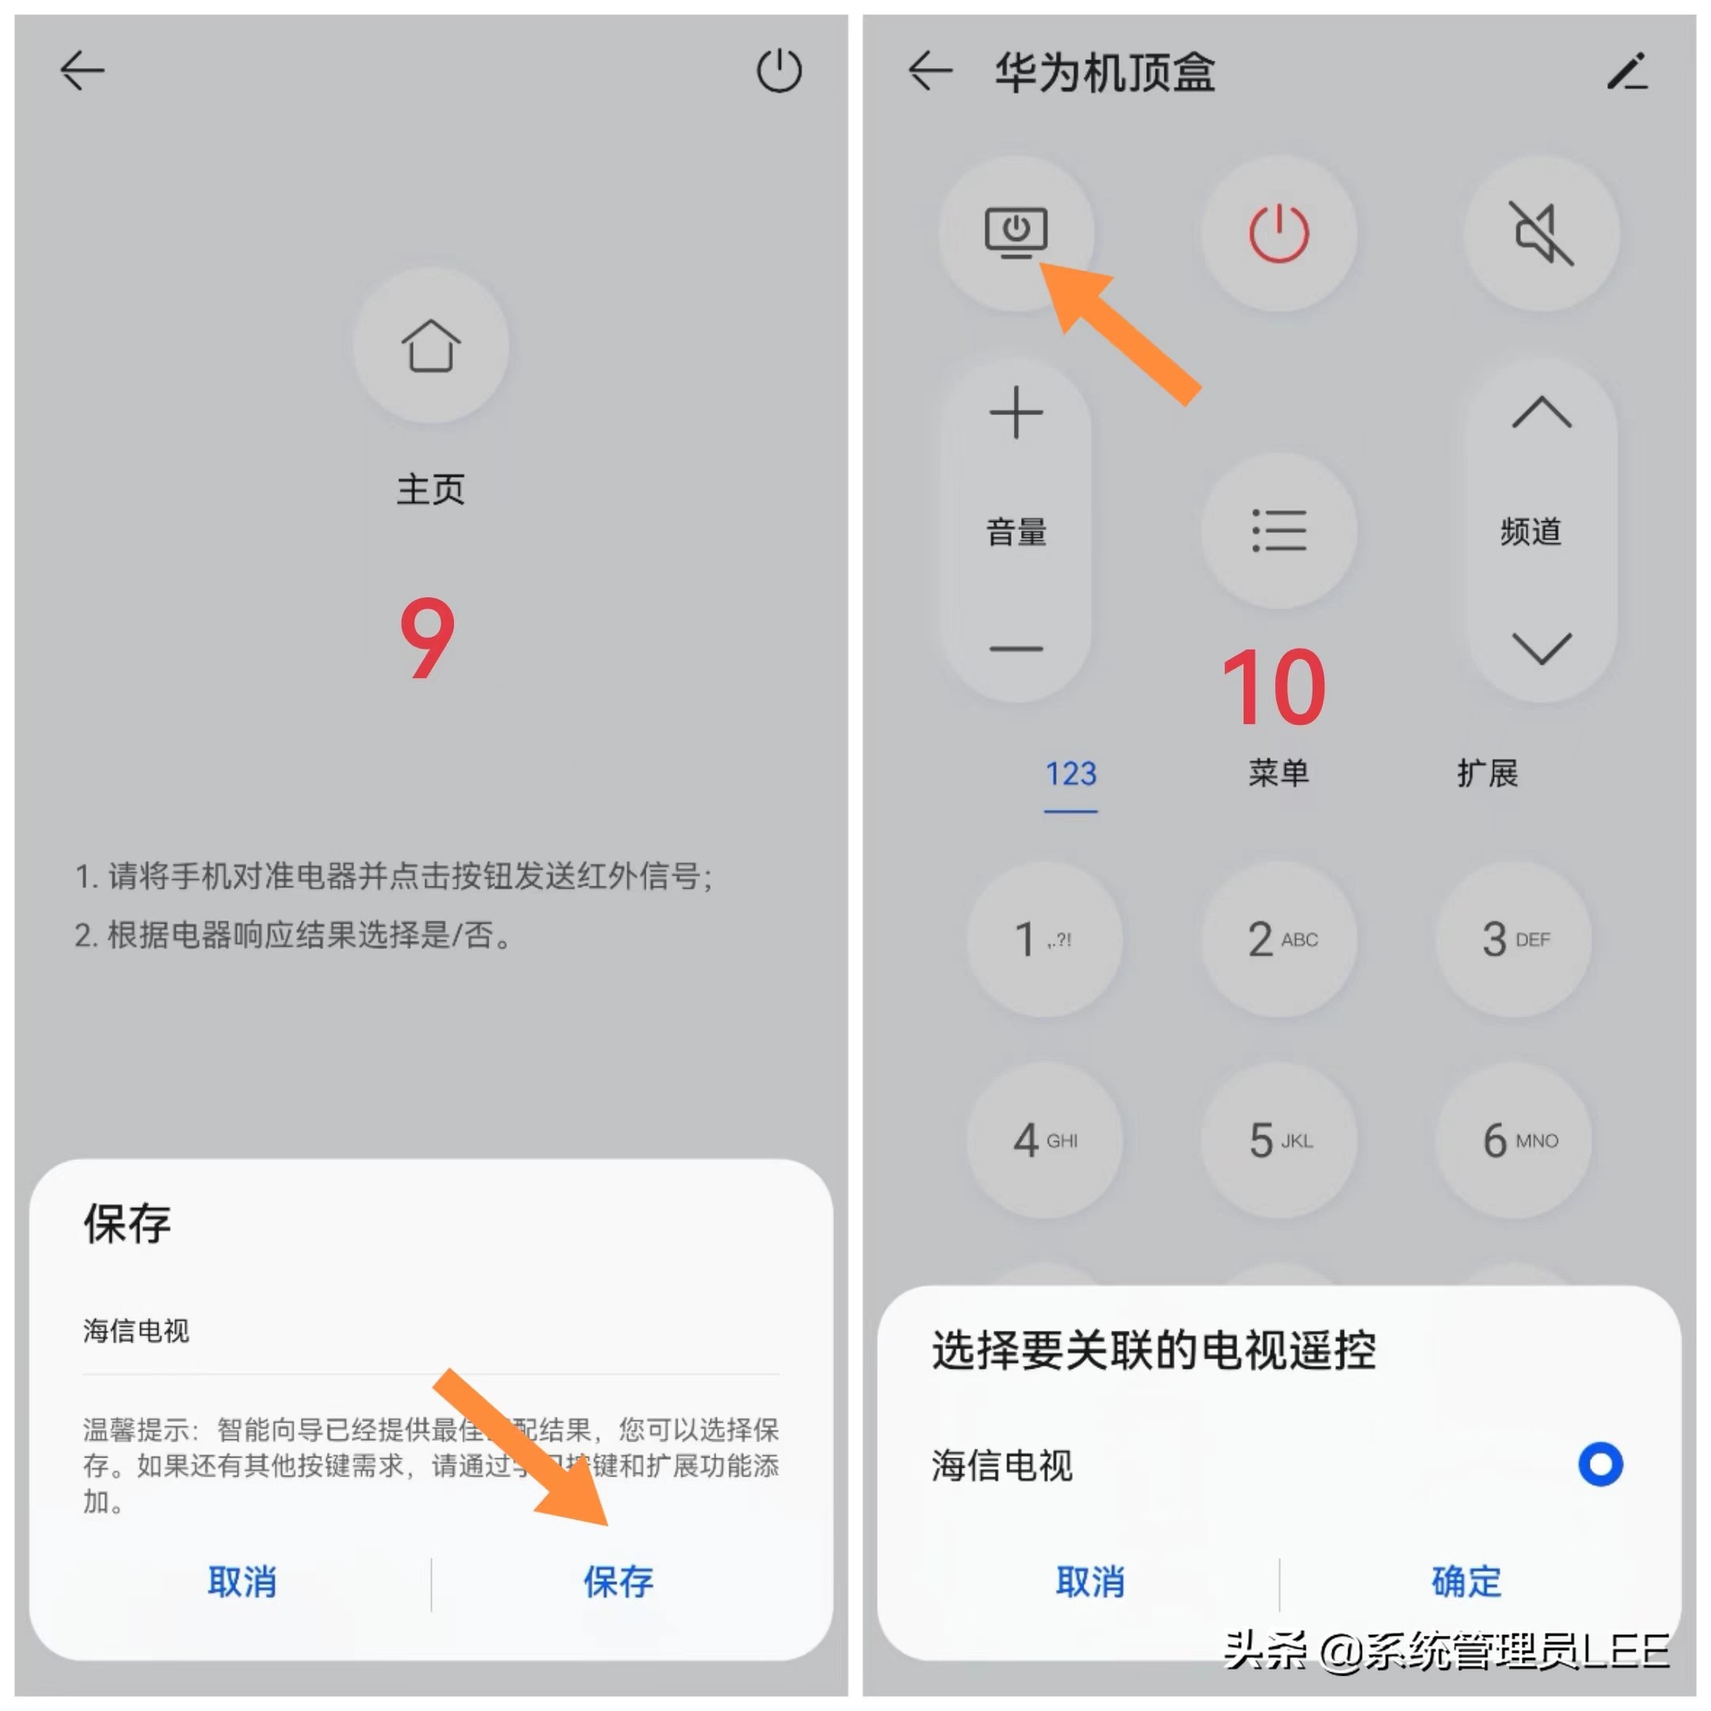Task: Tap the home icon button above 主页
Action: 430,345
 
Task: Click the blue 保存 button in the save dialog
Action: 617,1582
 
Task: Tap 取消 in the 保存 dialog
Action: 242,1582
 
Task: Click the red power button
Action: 1278,234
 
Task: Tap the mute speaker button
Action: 1541,234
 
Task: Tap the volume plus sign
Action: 1016,413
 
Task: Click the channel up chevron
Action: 1541,413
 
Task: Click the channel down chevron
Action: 1541,648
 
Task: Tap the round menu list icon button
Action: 1278,531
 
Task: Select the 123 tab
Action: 1071,774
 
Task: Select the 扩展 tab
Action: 1487,774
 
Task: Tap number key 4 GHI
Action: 1044,1140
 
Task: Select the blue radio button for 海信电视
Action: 1600,1464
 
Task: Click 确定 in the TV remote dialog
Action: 1465,1582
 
